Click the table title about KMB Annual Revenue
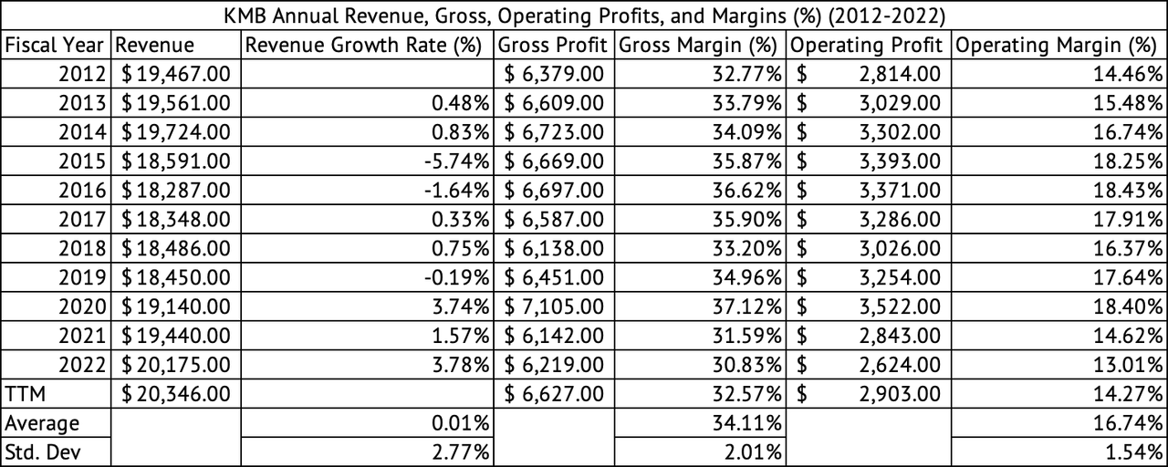584,16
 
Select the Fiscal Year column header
57,45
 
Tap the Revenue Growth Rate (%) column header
367,45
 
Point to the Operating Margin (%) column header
1056,45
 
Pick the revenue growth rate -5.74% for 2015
460,161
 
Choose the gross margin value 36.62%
747,191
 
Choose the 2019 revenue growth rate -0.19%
460,278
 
